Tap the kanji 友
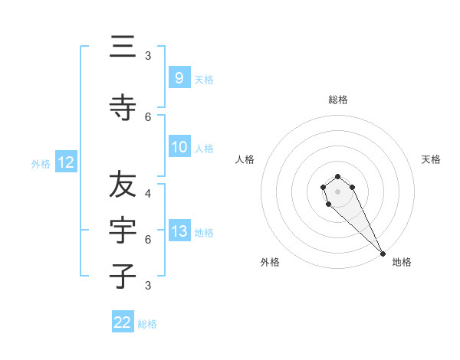pyautogui.click(x=123, y=184)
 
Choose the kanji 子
pyautogui.click(x=123, y=276)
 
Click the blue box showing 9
pyautogui.click(x=179, y=77)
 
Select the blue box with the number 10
pyautogui.click(x=179, y=147)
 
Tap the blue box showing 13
pyautogui.click(x=179, y=231)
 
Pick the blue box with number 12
pyautogui.click(x=65, y=162)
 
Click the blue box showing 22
pyautogui.click(x=123, y=322)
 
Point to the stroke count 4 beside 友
pyautogui.click(x=148, y=194)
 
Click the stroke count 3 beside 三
pyautogui.click(x=148, y=56)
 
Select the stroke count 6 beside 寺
pyautogui.click(x=148, y=116)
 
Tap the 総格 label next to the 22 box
pyautogui.click(x=147, y=324)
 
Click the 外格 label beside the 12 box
pyautogui.click(x=41, y=163)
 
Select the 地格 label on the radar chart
pyautogui.click(x=402, y=263)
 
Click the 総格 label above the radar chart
pyautogui.click(x=338, y=100)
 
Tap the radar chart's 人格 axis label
pyautogui.click(x=245, y=159)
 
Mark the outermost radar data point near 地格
pyautogui.click(x=383, y=254)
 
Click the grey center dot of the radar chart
pyautogui.click(x=338, y=191)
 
